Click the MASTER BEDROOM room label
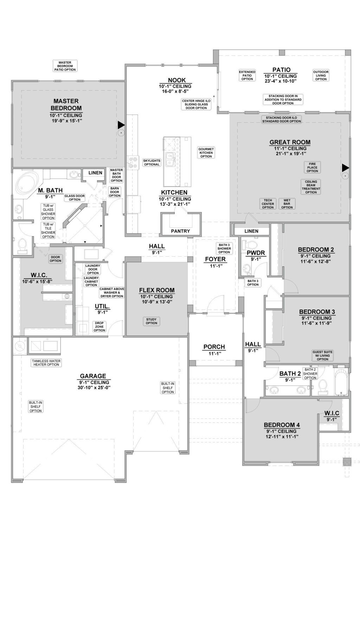pos(66,105)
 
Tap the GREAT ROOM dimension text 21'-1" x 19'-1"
pos(290,154)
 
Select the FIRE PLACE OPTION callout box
pos(312,168)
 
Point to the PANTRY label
pos(180,231)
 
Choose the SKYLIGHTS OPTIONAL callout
pos(152,162)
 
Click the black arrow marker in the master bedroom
pos(121,125)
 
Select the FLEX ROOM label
pos(156,290)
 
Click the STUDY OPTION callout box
pos(152,321)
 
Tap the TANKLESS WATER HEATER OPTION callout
pos(46,363)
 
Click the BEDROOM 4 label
pos(282,425)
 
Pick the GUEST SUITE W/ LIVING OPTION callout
pos(322,355)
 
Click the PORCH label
pos(214,347)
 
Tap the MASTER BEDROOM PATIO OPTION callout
pos(65,66)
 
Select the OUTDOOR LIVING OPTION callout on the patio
pos(321,76)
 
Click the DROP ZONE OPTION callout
pos(99,326)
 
